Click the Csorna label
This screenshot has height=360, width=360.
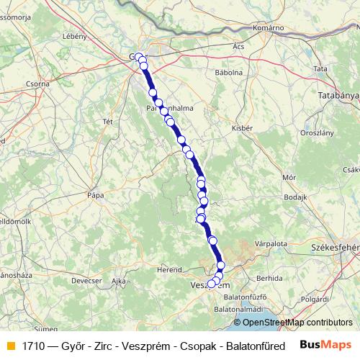click(37, 84)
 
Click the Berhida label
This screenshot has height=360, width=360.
click(269, 277)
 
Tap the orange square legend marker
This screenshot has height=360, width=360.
click(9, 345)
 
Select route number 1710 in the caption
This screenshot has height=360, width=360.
click(32, 345)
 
